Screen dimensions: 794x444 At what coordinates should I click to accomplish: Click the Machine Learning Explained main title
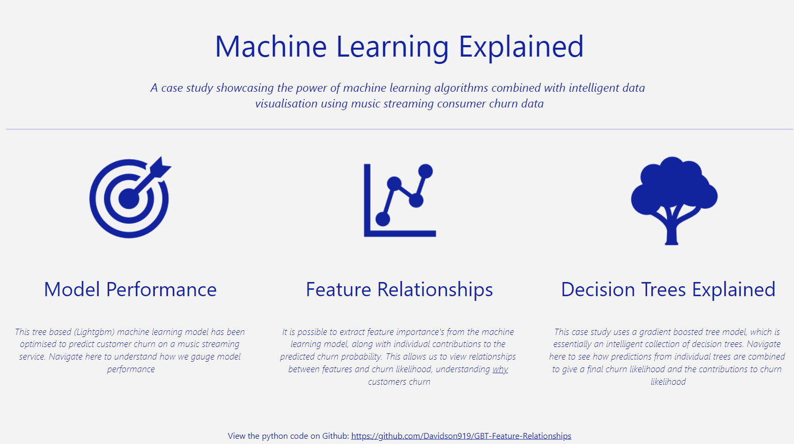(x=399, y=47)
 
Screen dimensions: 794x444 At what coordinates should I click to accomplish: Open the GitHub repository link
(x=461, y=436)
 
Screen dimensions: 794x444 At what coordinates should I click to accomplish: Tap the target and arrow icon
(x=130, y=197)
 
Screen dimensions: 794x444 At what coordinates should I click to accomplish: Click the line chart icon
(x=400, y=200)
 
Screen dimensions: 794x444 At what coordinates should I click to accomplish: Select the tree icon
(x=674, y=201)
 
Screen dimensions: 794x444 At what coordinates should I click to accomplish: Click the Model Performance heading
(x=130, y=289)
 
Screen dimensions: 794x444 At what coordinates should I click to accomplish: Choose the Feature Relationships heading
(x=399, y=290)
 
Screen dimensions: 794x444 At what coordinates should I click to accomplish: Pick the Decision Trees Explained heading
(x=668, y=290)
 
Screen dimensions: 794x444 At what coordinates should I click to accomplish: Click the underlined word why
(x=500, y=369)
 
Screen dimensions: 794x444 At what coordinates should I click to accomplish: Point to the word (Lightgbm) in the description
(x=94, y=332)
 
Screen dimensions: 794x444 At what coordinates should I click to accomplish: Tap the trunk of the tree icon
(x=671, y=232)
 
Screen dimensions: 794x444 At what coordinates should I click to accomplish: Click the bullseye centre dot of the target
(x=129, y=199)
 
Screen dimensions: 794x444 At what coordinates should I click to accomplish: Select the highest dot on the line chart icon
(x=426, y=171)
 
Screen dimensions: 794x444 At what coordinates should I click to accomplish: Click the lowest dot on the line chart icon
(x=383, y=219)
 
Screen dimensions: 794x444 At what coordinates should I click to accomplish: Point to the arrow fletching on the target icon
(x=160, y=167)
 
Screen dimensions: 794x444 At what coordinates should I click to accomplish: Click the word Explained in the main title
(x=521, y=47)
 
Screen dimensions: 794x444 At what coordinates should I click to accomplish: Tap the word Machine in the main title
(x=271, y=46)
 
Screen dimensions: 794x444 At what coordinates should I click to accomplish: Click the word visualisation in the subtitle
(x=286, y=104)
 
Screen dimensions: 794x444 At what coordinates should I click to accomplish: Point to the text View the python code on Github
(x=288, y=436)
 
